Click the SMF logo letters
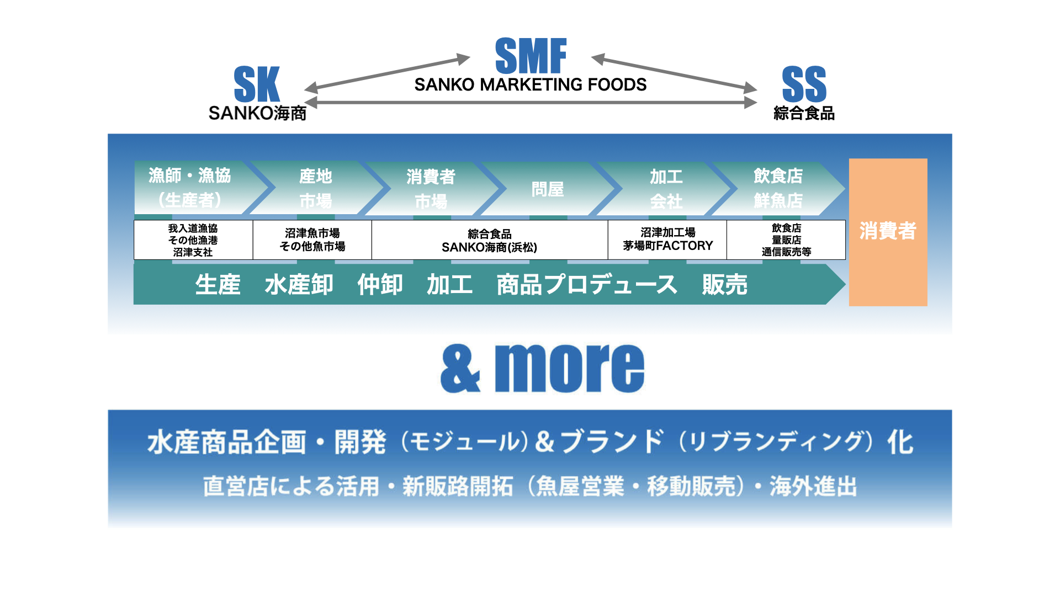531,56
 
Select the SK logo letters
257,84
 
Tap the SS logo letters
804,84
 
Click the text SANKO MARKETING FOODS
530,85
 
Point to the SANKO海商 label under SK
257,113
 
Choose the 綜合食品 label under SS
804,113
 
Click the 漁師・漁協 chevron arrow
190,188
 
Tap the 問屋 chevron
547,189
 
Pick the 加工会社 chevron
666,188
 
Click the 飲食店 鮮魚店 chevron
778,188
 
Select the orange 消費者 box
888,232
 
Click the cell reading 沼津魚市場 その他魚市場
312,240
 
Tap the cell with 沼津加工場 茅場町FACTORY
667,240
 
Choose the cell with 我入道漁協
193,240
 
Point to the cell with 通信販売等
786,240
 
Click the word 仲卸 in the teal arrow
380,285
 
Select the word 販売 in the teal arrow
724,285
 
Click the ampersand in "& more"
460,369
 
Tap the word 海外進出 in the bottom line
813,487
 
